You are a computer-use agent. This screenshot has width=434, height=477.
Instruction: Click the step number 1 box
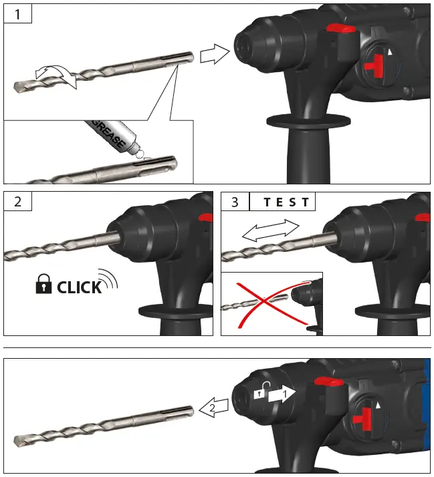pyautogui.click(x=18, y=13)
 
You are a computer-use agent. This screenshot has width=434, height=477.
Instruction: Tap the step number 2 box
pyautogui.click(x=18, y=201)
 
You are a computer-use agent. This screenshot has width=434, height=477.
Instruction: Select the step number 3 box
pyautogui.click(x=235, y=201)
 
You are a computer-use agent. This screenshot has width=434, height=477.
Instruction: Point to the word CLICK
pyautogui.click(x=79, y=288)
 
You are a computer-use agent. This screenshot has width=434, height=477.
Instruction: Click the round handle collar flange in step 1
pyautogui.click(x=308, y=121)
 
